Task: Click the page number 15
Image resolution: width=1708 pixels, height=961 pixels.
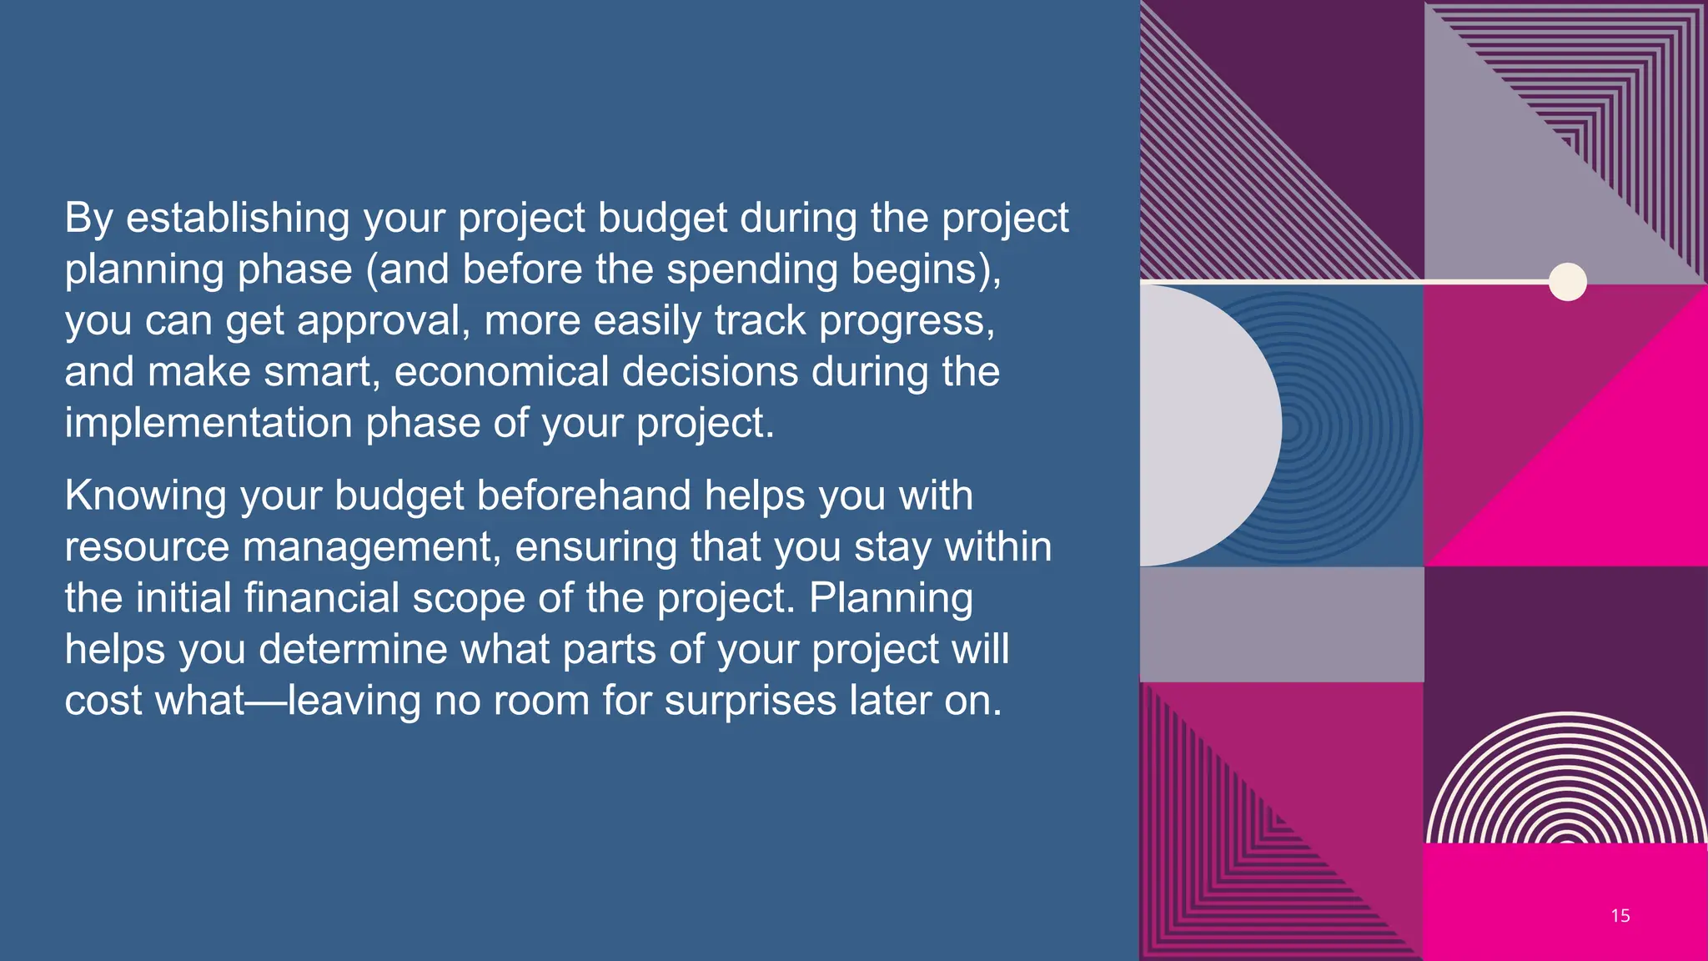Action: click(x=1620, y=916)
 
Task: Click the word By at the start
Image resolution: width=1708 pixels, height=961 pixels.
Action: click(x=88, y=219)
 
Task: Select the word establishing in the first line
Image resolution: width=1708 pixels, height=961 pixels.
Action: click(x=238, y=219)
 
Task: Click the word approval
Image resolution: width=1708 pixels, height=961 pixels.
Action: click(x=384, y=321)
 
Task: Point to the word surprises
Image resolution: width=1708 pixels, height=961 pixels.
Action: click(x=750, y=701)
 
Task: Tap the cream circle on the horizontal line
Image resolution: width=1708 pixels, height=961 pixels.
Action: click(x=1567, y=282)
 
